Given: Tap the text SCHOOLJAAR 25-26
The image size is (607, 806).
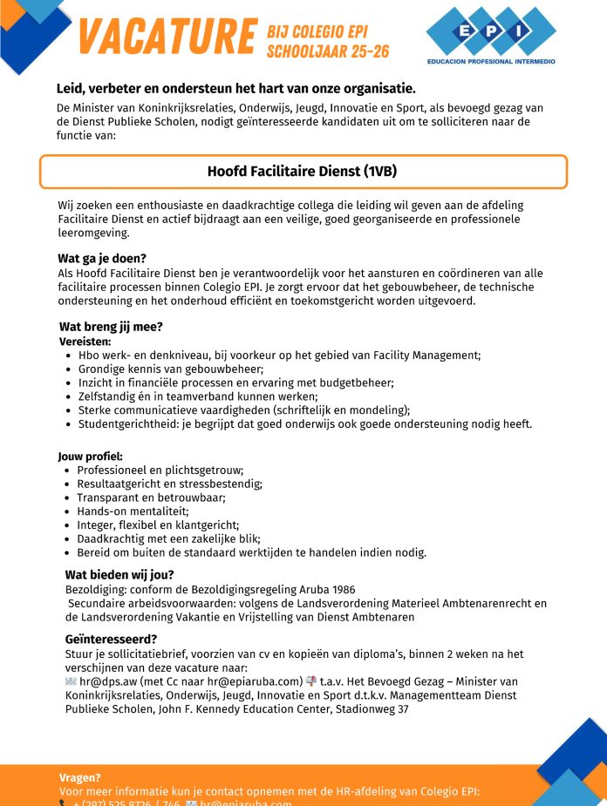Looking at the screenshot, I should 327,51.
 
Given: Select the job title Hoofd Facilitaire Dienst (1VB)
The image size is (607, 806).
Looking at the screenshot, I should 303,172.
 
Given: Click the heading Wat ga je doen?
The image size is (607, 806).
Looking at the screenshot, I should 101,259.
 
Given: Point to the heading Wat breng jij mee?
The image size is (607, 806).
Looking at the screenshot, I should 111,327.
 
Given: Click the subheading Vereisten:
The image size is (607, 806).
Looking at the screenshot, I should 85,342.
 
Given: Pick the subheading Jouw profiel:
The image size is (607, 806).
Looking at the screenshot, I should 90,457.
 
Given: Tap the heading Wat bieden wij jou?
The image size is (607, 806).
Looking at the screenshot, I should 119,575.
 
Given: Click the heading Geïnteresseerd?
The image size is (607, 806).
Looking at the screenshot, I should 111,639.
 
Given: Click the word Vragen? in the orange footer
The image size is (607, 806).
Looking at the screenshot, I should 80,777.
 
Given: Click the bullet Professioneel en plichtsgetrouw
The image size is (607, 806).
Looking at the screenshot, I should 160,471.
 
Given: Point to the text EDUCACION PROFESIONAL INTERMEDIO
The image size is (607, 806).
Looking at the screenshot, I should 490,62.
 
